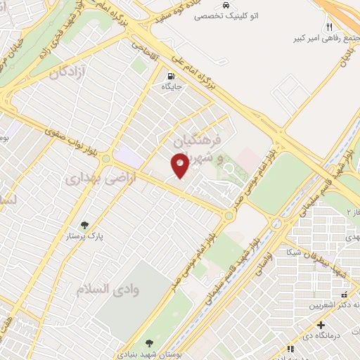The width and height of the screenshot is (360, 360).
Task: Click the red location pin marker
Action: tap(180, 166)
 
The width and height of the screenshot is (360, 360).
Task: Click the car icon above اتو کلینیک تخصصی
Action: tap(225, 4)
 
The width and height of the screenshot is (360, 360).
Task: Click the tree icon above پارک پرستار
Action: tap(85, 225)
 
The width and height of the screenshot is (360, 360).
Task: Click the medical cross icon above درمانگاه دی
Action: tap(321, 326)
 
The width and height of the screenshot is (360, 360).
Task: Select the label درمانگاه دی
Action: tap(334, 337)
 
